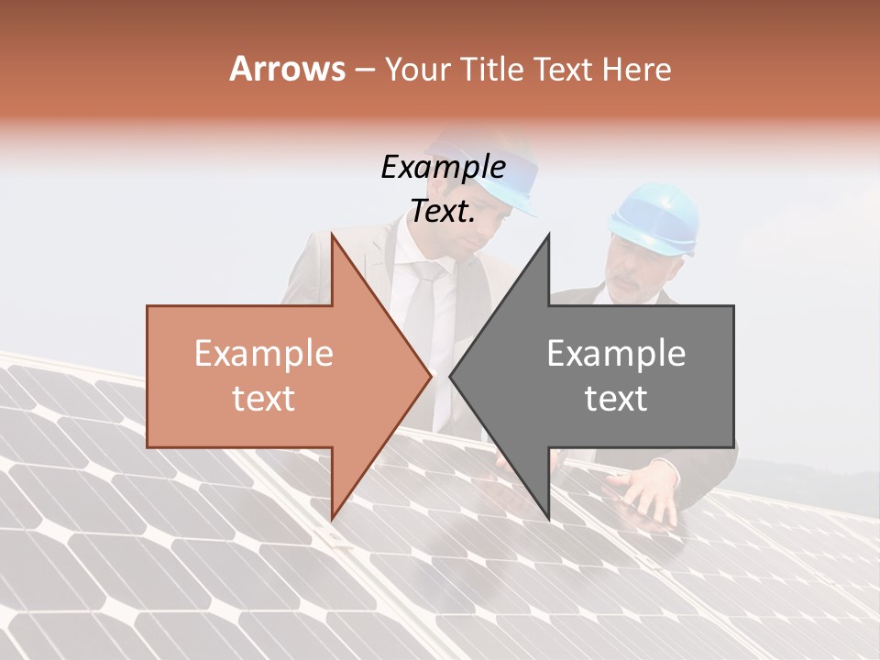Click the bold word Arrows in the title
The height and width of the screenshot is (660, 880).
pyautogui.click(x=288, y=69)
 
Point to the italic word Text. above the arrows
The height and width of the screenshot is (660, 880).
pyautogui.click(x=443, y=212)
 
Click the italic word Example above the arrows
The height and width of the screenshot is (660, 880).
pyautogui.click(x=443, y=168)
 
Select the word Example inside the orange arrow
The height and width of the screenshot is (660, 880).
pyautogui.click(x=264, y=354)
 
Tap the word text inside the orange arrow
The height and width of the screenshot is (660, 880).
pyautogui.click(x=264, y=399)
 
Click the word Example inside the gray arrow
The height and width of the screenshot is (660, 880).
pyautogui.click(x=616, y=354)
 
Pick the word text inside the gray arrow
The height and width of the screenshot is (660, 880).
pyautogui.click(x=616, y=399)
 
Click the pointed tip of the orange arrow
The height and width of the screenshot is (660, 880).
pyautogui.click(x=430, y=376)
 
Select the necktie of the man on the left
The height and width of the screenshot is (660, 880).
pyautogui.click(x=423, y=302)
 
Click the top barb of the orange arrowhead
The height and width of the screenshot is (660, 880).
pyautogui.click(x=333, y=236)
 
